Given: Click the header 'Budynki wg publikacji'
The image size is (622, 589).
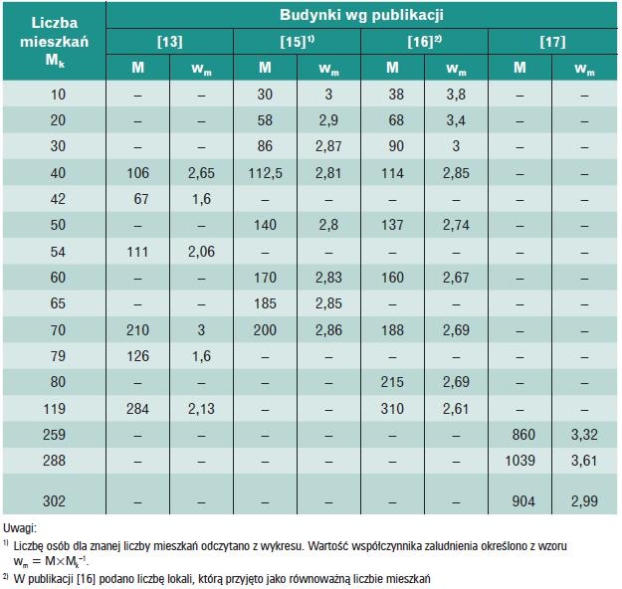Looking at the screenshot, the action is click(361, 16).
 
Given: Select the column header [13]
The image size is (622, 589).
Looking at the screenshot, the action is click(170, 42).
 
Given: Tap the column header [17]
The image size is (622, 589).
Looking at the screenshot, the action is click(552, 42).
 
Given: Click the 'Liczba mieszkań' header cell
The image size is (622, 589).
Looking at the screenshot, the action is click(55, 32).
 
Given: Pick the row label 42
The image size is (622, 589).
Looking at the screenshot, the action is click(58, 199).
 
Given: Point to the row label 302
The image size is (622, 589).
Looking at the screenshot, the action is click(55, 500).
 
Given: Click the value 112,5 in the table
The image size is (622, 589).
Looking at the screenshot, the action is click(266, 173).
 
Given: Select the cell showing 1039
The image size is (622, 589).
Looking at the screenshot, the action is click(520, 461).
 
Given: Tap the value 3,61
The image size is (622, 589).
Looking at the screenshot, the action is click(584, 461).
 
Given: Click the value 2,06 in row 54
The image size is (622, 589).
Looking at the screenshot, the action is click(201, 252).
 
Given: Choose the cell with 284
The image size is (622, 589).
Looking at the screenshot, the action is click(138, 409).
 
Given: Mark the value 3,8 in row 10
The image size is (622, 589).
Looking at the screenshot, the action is click(456, 95).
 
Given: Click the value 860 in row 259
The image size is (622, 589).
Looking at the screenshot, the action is click(523, 435).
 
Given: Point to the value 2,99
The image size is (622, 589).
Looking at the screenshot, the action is click(584, 500).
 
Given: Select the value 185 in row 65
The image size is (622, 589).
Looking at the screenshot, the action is click(266, 303).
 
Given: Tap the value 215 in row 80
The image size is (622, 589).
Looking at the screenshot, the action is click(392, 382).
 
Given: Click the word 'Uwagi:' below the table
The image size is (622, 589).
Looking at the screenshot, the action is click(20, 528).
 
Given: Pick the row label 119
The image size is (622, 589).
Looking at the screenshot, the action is click(55, 409).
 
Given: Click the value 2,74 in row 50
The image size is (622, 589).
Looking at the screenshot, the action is click(456, 225).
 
